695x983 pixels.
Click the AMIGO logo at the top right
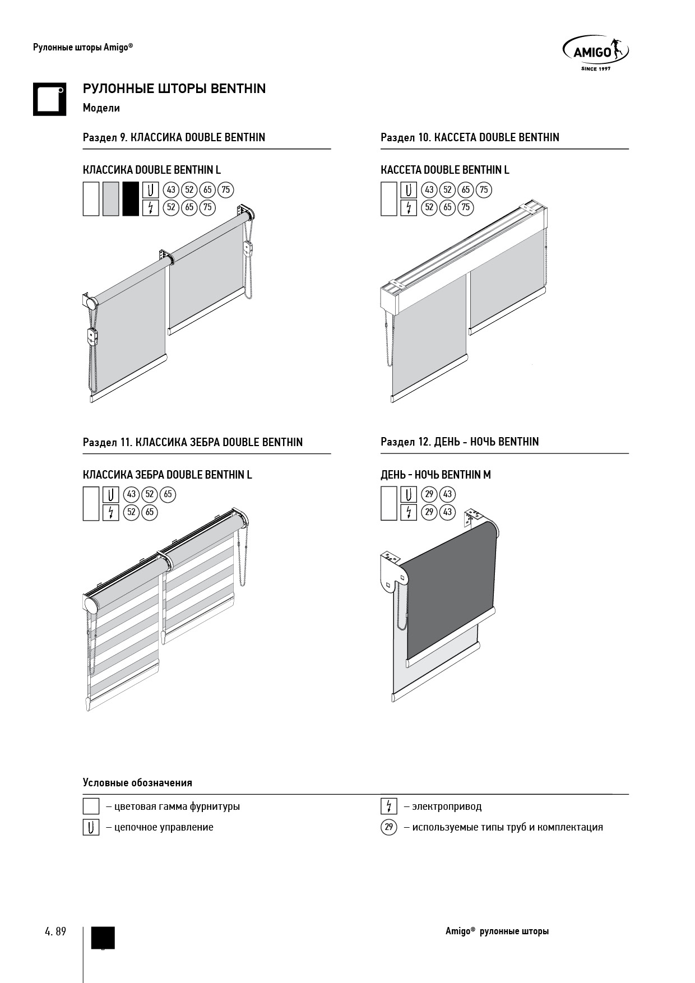point(595,53)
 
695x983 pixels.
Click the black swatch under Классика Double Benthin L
point(131,198)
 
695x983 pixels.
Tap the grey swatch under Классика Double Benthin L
point(111,198)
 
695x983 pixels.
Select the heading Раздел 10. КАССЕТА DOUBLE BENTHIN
point(470,137)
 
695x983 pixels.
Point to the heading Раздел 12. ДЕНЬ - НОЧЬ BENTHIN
point(460,442)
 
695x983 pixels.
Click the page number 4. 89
point(55,931)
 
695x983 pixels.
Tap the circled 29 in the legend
point(388,827)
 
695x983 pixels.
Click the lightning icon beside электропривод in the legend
point(388,806)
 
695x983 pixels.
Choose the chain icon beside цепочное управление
point(91,827)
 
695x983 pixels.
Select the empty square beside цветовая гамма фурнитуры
point(91,806)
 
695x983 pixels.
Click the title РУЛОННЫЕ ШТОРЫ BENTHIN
point(174,89)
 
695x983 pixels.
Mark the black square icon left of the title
point(49,99)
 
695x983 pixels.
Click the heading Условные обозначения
point(137,782)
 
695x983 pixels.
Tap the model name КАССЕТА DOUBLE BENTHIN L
point(445,170)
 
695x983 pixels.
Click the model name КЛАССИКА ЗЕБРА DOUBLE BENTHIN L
point(168,475)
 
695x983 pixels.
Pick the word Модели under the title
point(101,108)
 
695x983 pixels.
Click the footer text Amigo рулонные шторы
point(497,931)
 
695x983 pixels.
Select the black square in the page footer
point(103,938)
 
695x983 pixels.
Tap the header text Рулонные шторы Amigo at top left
point(83,48)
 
